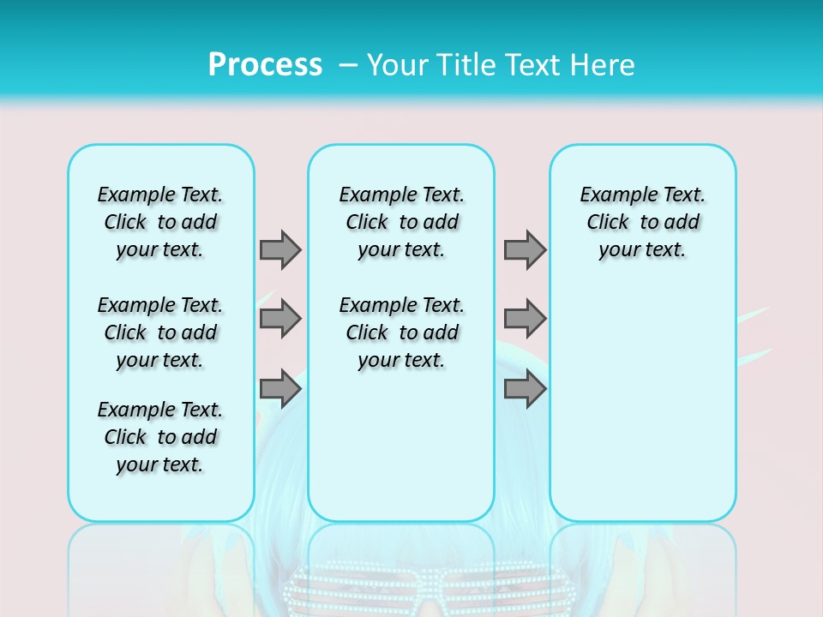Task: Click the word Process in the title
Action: click(265, 65)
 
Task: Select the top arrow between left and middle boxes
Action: click(280, 249)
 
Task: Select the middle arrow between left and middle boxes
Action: click(280, 319)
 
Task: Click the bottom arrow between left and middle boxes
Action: click(280, 388)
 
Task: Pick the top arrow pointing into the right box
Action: click(525, 249)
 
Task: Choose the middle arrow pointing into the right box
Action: click(525, 319)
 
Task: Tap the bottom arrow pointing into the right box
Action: click(525, 388)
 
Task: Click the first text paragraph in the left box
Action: click(160, 222)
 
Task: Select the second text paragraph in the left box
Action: click(160, 332)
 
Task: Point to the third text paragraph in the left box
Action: click(160, 437)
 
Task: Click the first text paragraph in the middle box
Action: click(401, 222)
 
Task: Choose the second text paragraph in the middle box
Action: click(401, 332)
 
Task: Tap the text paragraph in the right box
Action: click(643, 222)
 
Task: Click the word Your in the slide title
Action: click(395, 65)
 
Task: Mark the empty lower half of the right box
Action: click(643, 411)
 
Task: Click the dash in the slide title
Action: click(348, 65)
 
